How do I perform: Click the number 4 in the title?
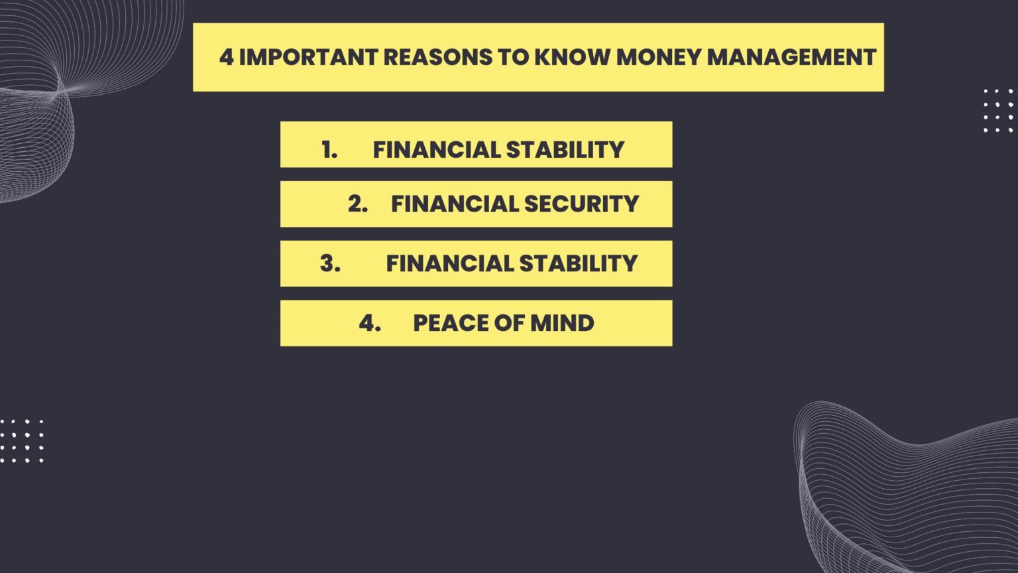(226, 58)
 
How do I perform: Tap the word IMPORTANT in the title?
(308, 58)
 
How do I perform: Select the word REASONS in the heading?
(437, 58)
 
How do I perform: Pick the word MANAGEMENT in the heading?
(791, 58)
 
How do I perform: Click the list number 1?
(329, 150)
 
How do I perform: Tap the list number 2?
(357, 204)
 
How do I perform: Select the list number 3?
(330, 263)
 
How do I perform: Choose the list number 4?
(370, 323)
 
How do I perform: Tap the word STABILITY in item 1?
(565, 150)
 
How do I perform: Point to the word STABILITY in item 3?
(578, 263)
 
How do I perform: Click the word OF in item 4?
(510, 323)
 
